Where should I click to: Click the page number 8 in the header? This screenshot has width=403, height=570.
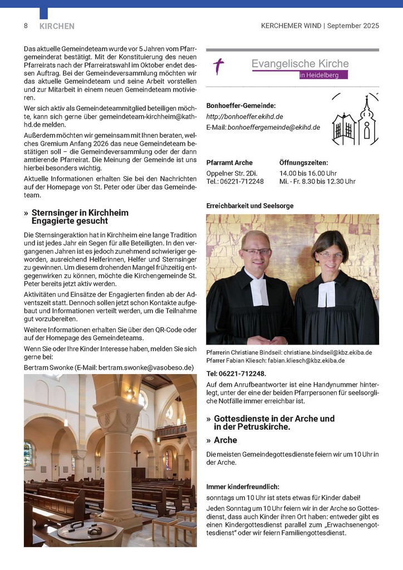point(26,26)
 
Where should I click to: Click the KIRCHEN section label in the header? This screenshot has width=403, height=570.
point(57,26)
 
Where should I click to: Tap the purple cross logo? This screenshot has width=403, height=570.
point(219,67)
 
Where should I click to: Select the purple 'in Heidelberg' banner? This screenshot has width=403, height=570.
point(323,75)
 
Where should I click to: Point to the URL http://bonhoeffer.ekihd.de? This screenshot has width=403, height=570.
point(244,116)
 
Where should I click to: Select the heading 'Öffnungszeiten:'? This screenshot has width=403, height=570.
point(303,163)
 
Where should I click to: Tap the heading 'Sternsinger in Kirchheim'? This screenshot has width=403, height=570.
point(80,213)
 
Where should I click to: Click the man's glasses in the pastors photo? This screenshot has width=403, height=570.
point(256,252)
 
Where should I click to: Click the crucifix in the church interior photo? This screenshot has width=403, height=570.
point(137,457)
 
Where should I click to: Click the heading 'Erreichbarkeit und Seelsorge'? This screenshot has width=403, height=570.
point(249,205)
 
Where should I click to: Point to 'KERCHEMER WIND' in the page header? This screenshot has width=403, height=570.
point(291,26)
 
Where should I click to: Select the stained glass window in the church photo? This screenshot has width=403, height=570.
point(28,454)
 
